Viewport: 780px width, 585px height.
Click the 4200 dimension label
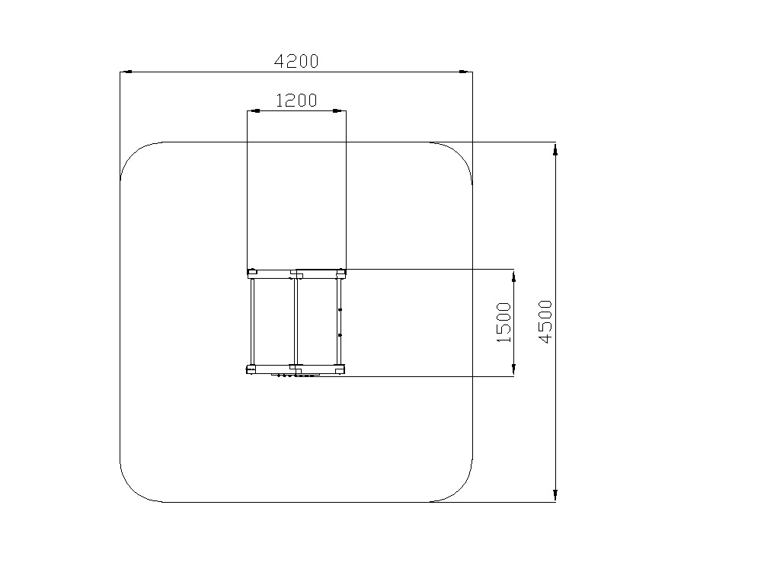pos(296,61)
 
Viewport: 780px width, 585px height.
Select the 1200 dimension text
pos(296,101)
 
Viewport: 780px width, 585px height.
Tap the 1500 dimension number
pos(504,322)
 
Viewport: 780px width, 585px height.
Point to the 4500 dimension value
pos(545,322)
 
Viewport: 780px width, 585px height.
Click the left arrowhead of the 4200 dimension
pos(126,72)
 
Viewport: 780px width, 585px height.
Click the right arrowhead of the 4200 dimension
pos(466,72)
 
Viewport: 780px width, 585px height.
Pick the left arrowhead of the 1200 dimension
pos(254,110)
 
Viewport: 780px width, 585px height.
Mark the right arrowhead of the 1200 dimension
pos(339,110)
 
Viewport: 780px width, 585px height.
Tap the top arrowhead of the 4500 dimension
pos(555,149)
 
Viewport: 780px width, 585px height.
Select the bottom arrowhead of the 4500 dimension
pos(555,495)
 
